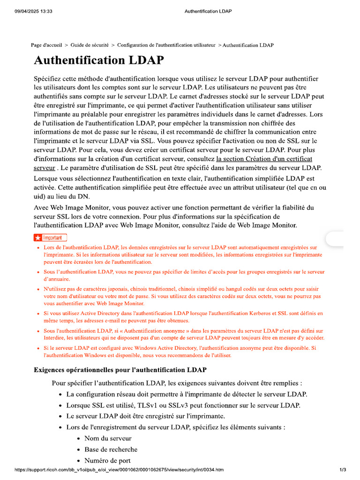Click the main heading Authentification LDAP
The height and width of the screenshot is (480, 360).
coord(99,60)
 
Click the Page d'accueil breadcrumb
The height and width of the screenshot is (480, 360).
coord(46,45)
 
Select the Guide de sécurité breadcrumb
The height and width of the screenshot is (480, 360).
coord(90,45)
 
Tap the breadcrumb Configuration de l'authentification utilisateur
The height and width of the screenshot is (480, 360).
coord(166,45)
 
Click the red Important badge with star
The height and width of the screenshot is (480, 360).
coord(51,238)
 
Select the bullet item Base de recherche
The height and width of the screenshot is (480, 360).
coord(111,450)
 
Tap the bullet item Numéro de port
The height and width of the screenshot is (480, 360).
coord(107,460)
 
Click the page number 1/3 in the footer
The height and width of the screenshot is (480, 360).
coord(343,470)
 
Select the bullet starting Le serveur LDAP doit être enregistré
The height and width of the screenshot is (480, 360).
coord(145,416)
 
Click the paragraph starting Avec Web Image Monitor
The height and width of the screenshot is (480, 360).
coord(174,216)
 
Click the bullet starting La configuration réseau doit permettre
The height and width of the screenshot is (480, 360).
coord(187,394)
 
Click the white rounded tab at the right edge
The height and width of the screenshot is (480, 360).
coord(336,239)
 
